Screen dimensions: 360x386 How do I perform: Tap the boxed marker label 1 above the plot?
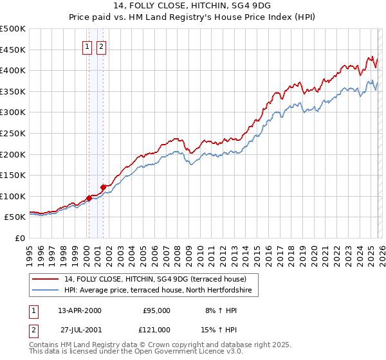pyautogui.click(x=87, y=46)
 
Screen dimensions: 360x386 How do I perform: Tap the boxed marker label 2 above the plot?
pyautogui.click(x=102, y=46)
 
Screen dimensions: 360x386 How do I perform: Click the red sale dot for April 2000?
pyautogui.click(x=88, y=198)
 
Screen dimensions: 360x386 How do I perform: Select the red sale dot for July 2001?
pyautogui.click(x=103, y=187)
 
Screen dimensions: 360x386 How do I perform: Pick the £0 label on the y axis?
pyautogui.click(x=20, y=238)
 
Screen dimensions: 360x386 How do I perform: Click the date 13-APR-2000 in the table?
pyautogui.click(x=80, y=310)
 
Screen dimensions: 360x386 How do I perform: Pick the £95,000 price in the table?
pyautogui.click(x=156, y=310)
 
